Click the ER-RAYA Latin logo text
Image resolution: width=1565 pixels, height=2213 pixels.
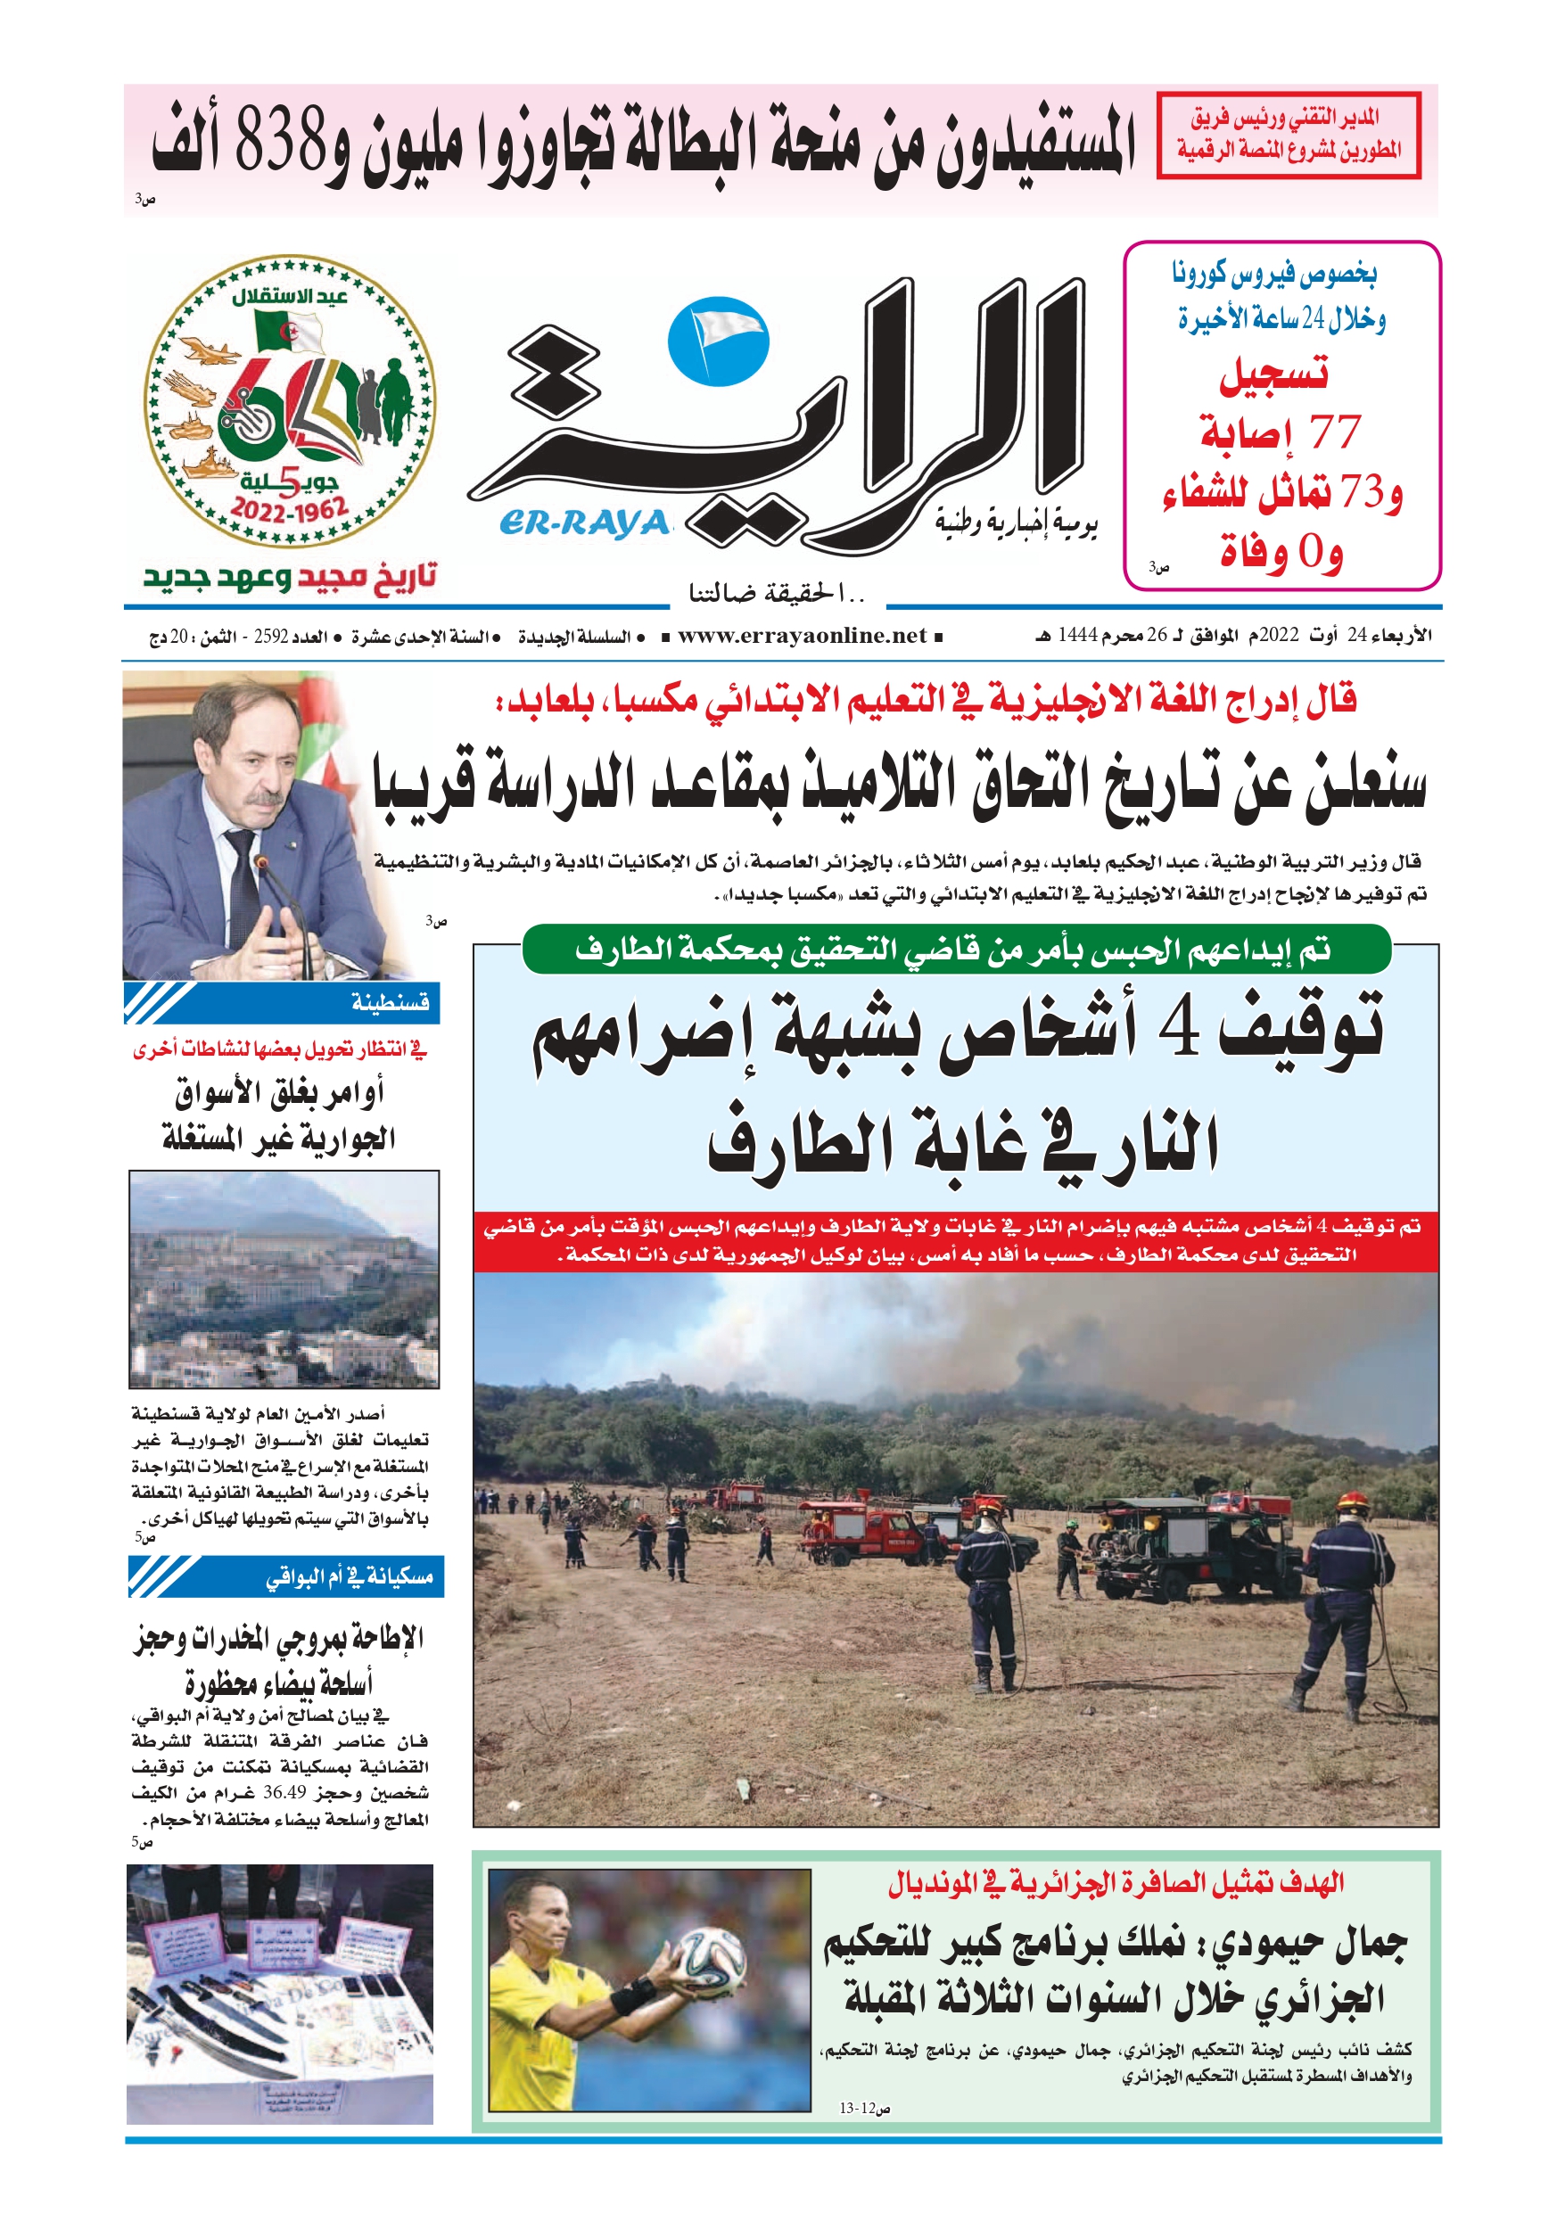tap(583, 523)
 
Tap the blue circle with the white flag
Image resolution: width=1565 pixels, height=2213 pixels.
tap(719, 342)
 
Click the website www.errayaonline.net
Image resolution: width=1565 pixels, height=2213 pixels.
tap(803, 636)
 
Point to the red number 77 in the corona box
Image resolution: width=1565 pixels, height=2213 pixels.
tap(1335, 432)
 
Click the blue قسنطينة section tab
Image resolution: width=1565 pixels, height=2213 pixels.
tap(283, 1003)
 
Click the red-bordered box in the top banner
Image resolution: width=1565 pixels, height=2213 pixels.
tap(1288, 135)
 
